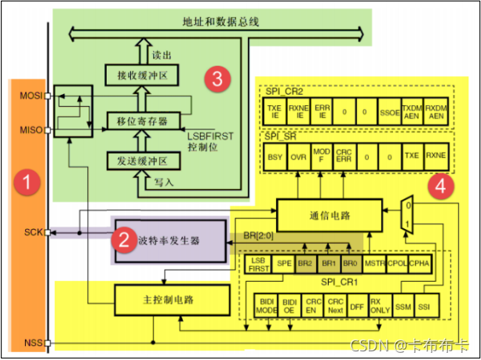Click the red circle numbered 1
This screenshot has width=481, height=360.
(27, 184)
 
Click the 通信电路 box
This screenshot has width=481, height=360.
(330, 214)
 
